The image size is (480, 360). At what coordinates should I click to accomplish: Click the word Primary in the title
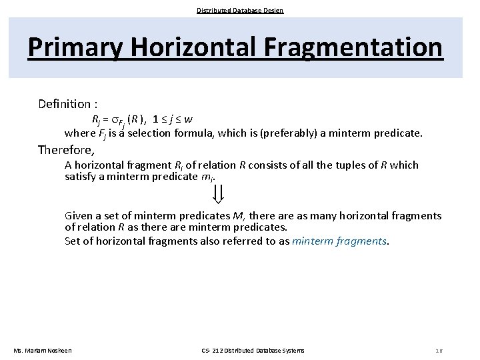75,47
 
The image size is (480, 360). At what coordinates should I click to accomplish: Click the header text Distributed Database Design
240,10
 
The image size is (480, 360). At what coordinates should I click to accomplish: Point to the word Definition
64,104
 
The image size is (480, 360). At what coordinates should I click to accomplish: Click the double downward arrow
218,193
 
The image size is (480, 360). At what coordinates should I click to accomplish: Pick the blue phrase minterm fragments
339,241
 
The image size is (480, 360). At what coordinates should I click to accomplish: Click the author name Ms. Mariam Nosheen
43,351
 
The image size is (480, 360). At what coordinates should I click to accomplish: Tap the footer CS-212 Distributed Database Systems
253,351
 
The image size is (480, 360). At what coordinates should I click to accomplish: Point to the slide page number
439,351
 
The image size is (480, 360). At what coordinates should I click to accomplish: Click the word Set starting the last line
73,241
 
